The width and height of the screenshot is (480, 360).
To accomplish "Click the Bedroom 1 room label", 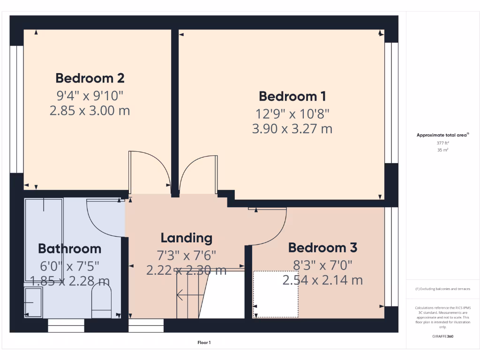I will (x=292, y=96).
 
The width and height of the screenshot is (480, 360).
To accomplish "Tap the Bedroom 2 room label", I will (x=90, y=78).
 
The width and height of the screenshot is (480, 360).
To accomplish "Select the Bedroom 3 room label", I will (x=322, y=247).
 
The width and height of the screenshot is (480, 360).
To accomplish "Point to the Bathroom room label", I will (x=69, y=248).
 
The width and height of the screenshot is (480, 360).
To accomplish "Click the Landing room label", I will (x=187, y=238).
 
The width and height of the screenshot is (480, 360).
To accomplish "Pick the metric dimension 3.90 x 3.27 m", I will (x=292, y=128).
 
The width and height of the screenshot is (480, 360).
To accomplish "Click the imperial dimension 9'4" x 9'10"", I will (x=90, y=96).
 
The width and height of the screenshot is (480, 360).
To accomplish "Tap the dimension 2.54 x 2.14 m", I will (x=322, y=280).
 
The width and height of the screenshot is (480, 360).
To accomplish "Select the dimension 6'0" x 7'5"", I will (x=69, y=266).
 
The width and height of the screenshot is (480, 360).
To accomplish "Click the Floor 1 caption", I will (x=204, y=343).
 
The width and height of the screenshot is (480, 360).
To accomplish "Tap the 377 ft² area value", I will (x=443, y=143).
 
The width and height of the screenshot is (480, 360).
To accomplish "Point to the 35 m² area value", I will (x=443, y=150).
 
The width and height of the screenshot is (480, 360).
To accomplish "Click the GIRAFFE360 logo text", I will (x=443, y=336).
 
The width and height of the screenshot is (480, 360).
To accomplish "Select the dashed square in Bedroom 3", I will (x=276, y=294).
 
